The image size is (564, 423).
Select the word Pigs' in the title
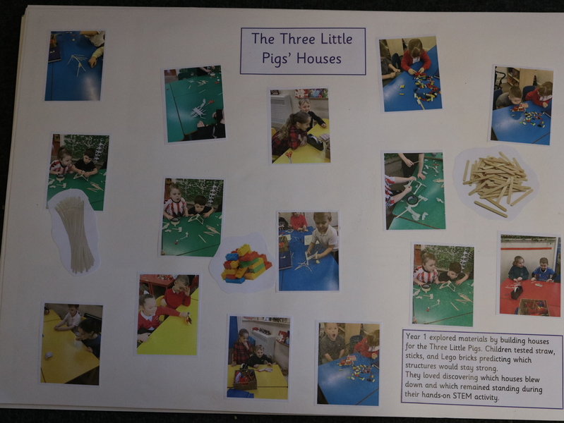(x=276, y=59)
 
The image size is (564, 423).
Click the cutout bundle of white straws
(x=74, y=233)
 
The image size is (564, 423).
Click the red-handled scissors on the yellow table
(x=289, y=157)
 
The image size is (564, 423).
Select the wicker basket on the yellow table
(x=245, y=379)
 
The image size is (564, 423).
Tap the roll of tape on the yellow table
(x=48, y=355)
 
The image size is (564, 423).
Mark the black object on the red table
(x=517, y=292)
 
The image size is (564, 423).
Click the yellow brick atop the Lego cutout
(x=244, y=249)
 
